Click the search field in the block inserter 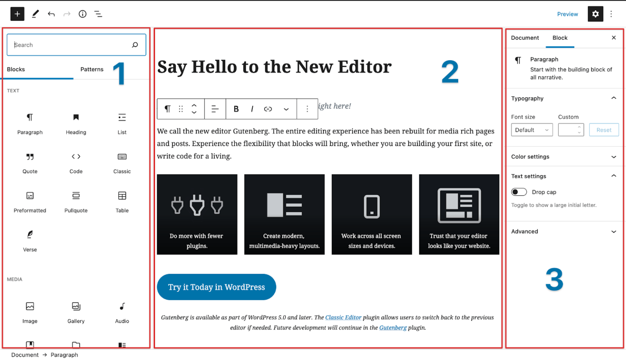click(x=71, y=45)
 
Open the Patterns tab click(x=92, y=69)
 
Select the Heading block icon click(x=76, y=117)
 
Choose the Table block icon click(x=122, y=196)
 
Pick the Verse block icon click(x=30, y=234)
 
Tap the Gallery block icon click(x=76, y=307)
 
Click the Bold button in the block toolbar click(x=236, y=109)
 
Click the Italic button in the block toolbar click(x=252, y=109)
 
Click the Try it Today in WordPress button click(x=216, y=287)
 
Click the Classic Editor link click(x=343, y=317)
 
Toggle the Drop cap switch click(x=519, y=192)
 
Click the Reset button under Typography click(x=604, y=130)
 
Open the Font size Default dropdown click(x=531, y=130)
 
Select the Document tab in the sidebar click(x=525, y=38)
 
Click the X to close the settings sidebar click(x=614, y=38)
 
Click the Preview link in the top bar click(x=567, y=14)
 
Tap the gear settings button click(x=595, y=14)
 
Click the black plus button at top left click(x=17, y=14)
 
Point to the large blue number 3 click(x=554, y=280)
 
